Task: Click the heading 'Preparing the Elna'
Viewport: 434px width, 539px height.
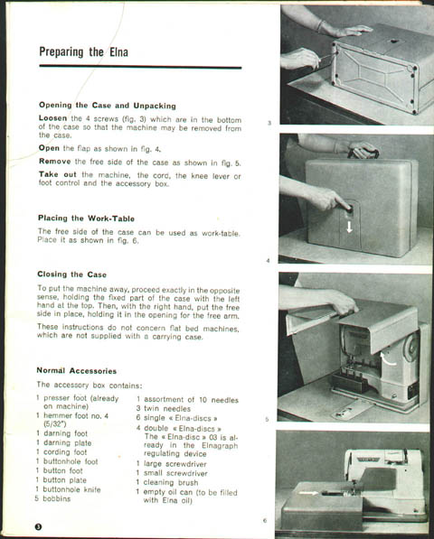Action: [x=83, y=52]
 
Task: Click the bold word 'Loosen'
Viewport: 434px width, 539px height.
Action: [x=52, y=118]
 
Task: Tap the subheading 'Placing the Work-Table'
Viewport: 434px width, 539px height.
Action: [x=86, y=218]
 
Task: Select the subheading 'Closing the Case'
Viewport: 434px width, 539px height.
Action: [x=71, y=274]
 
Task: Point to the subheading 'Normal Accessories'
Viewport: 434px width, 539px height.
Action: [x=77, y=370]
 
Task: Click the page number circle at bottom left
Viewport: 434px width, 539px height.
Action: [x=38, y=526]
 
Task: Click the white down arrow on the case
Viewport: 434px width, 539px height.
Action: [x=349, y=227]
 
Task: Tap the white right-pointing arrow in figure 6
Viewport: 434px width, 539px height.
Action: [x=308, y=493]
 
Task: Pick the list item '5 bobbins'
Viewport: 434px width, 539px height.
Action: [x=52, y=498]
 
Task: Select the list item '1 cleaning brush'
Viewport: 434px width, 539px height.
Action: [x=167, y=482]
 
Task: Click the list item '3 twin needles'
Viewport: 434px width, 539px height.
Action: [x=163, y=409]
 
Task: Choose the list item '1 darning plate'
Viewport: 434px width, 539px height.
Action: [x=63, y=442]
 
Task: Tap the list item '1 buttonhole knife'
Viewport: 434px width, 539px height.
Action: [x=68, y=489]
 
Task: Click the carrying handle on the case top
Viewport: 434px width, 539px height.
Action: [x=363, y=150]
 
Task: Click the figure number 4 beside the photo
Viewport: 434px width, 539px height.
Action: [x=268, y=261]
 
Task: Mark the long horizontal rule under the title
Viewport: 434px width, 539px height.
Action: [x=140, y=67]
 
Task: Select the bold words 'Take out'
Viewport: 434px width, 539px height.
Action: [x=58, y=174]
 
